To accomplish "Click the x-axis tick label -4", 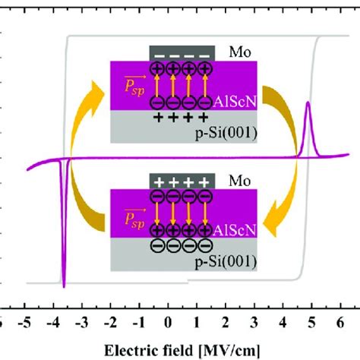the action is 53,323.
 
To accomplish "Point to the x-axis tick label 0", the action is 168,323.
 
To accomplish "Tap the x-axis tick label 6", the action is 340,323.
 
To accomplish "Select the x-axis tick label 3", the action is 254,323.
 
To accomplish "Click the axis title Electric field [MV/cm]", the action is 182,351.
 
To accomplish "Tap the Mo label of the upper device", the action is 240,52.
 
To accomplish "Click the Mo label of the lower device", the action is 240,181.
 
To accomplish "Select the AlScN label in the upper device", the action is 235,102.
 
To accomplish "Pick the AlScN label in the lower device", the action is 235,230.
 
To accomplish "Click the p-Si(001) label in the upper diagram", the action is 226,133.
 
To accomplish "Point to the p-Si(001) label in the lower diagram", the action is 226,261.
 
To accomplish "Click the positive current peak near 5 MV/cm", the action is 308,102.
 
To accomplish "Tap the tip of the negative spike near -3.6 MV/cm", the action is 64,288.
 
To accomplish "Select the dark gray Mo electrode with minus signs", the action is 182,53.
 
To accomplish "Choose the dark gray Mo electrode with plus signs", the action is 182,181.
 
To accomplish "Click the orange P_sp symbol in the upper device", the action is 135,86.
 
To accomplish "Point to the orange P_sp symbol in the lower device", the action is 135,219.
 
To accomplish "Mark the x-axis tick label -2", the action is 111,323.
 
